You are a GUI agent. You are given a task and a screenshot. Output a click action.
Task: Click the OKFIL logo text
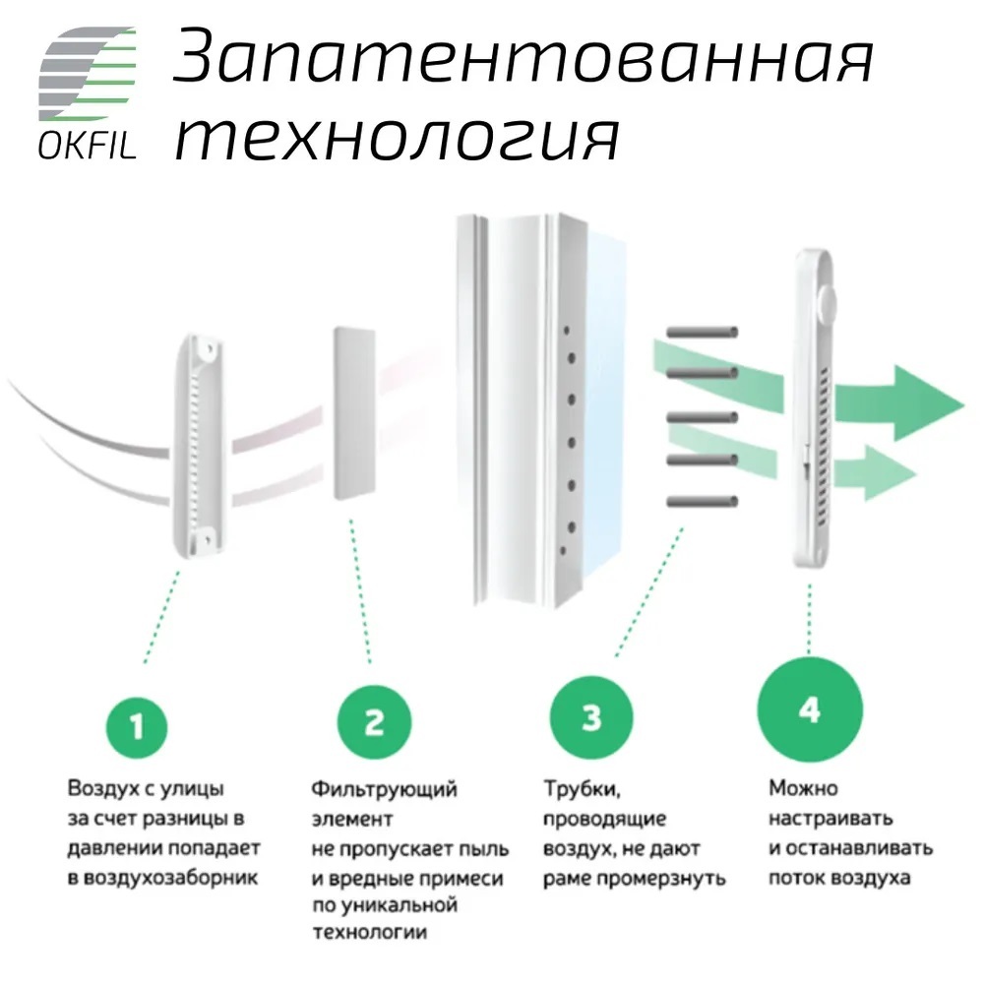pos(88,147)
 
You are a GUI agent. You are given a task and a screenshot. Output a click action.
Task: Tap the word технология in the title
pos(398,139)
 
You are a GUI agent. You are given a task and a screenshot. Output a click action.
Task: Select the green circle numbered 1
pos(136,727)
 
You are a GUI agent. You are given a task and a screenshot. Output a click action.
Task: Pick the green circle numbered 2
pos(374,722)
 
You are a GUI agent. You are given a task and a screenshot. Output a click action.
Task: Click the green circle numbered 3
pos(591,716)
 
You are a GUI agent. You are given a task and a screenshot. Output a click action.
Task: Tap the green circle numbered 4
pos(810,709)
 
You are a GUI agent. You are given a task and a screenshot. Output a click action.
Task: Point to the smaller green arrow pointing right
pos(877,472)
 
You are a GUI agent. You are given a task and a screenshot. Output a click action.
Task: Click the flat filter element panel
pos(354,412)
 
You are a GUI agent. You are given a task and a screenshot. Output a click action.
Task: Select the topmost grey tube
pos(703,332)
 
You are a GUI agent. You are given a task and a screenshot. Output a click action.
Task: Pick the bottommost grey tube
pos(703,502)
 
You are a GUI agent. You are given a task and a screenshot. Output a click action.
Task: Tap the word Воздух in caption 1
pos(101,788)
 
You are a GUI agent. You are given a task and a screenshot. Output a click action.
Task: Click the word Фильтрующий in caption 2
pos(384,789)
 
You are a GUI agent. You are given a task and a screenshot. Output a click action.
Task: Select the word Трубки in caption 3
pos(582,789)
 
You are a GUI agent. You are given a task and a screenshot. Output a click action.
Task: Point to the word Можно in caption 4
pos(803,787)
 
